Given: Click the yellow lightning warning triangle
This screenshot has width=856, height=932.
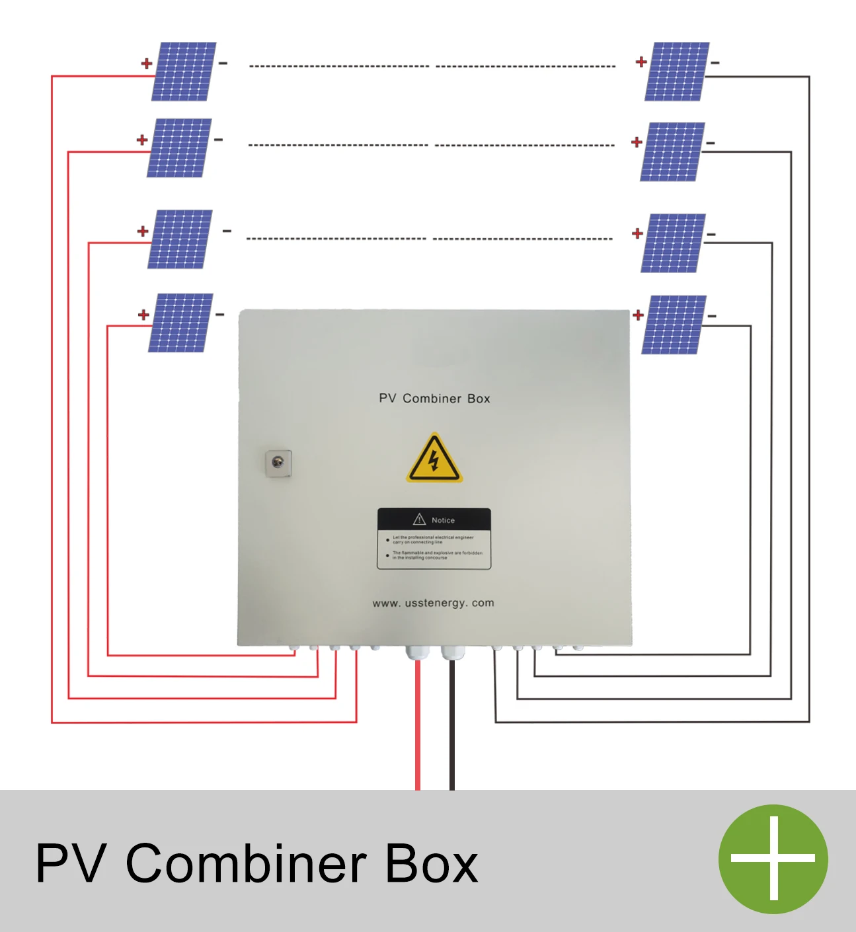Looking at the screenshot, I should (x=434, y=459).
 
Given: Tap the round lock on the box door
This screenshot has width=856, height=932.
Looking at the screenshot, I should (x=278, y=463).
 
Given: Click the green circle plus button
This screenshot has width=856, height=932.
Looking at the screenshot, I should (x=773, y=859).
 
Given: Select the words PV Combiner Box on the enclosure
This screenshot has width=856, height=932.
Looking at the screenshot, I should (x=434, y=399).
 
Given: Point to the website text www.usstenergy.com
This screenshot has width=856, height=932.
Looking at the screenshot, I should (x=433, y=603).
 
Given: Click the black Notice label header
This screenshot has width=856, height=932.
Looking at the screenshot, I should (x=434, y=520).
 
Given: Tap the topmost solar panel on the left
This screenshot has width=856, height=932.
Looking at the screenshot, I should (x=184, y=71).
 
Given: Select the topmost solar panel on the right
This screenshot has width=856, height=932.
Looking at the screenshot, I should (x=677, y=71).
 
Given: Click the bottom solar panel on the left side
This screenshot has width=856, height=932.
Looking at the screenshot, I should (x=180, y=323).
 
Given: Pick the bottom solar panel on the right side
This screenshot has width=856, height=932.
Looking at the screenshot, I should (x=674, y=325).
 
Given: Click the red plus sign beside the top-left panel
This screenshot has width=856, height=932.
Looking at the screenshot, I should (x=146, y=63).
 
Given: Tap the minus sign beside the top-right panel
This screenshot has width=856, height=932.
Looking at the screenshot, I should (x=715, y=63).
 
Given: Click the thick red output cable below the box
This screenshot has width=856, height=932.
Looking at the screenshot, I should (x=418, y=727).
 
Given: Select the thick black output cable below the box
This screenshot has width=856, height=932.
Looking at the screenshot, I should (x=452, y=727).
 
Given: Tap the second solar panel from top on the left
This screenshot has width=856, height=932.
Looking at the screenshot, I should (x=179, y=148).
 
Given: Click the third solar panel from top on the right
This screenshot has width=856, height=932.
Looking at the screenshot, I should (x=673, y=243).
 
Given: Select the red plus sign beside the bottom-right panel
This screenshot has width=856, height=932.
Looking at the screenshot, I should (x=638, y=315).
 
